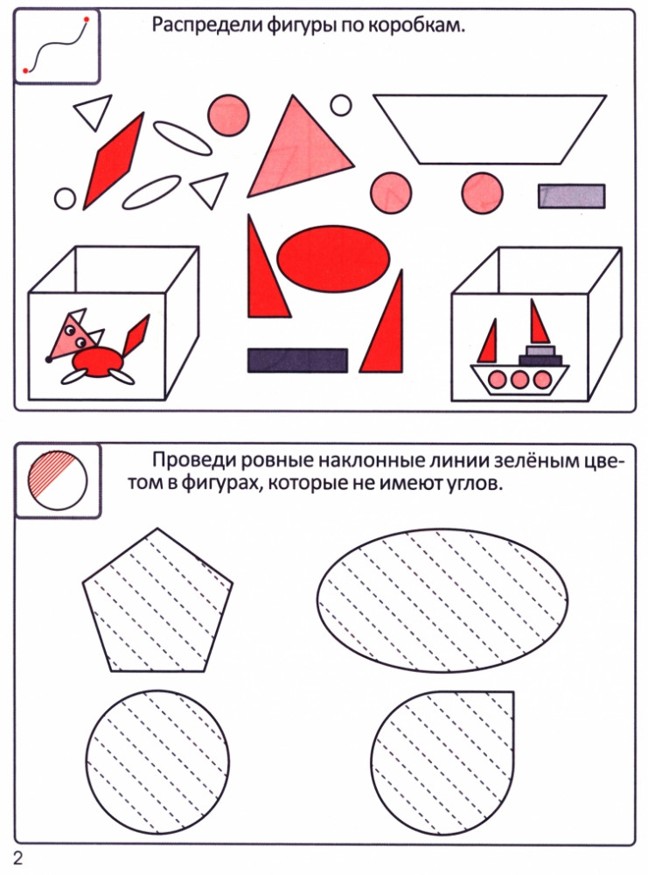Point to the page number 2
18,857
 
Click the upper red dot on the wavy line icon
86,20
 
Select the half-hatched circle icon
58,479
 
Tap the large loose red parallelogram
115,161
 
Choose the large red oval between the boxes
333,258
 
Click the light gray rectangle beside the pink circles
572,196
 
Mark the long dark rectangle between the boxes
298,360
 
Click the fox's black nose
49,359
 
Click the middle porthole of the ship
519,380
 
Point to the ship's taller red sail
539,322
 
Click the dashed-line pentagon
157,600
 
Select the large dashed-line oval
442,600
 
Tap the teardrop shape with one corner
442,762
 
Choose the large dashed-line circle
157,762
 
